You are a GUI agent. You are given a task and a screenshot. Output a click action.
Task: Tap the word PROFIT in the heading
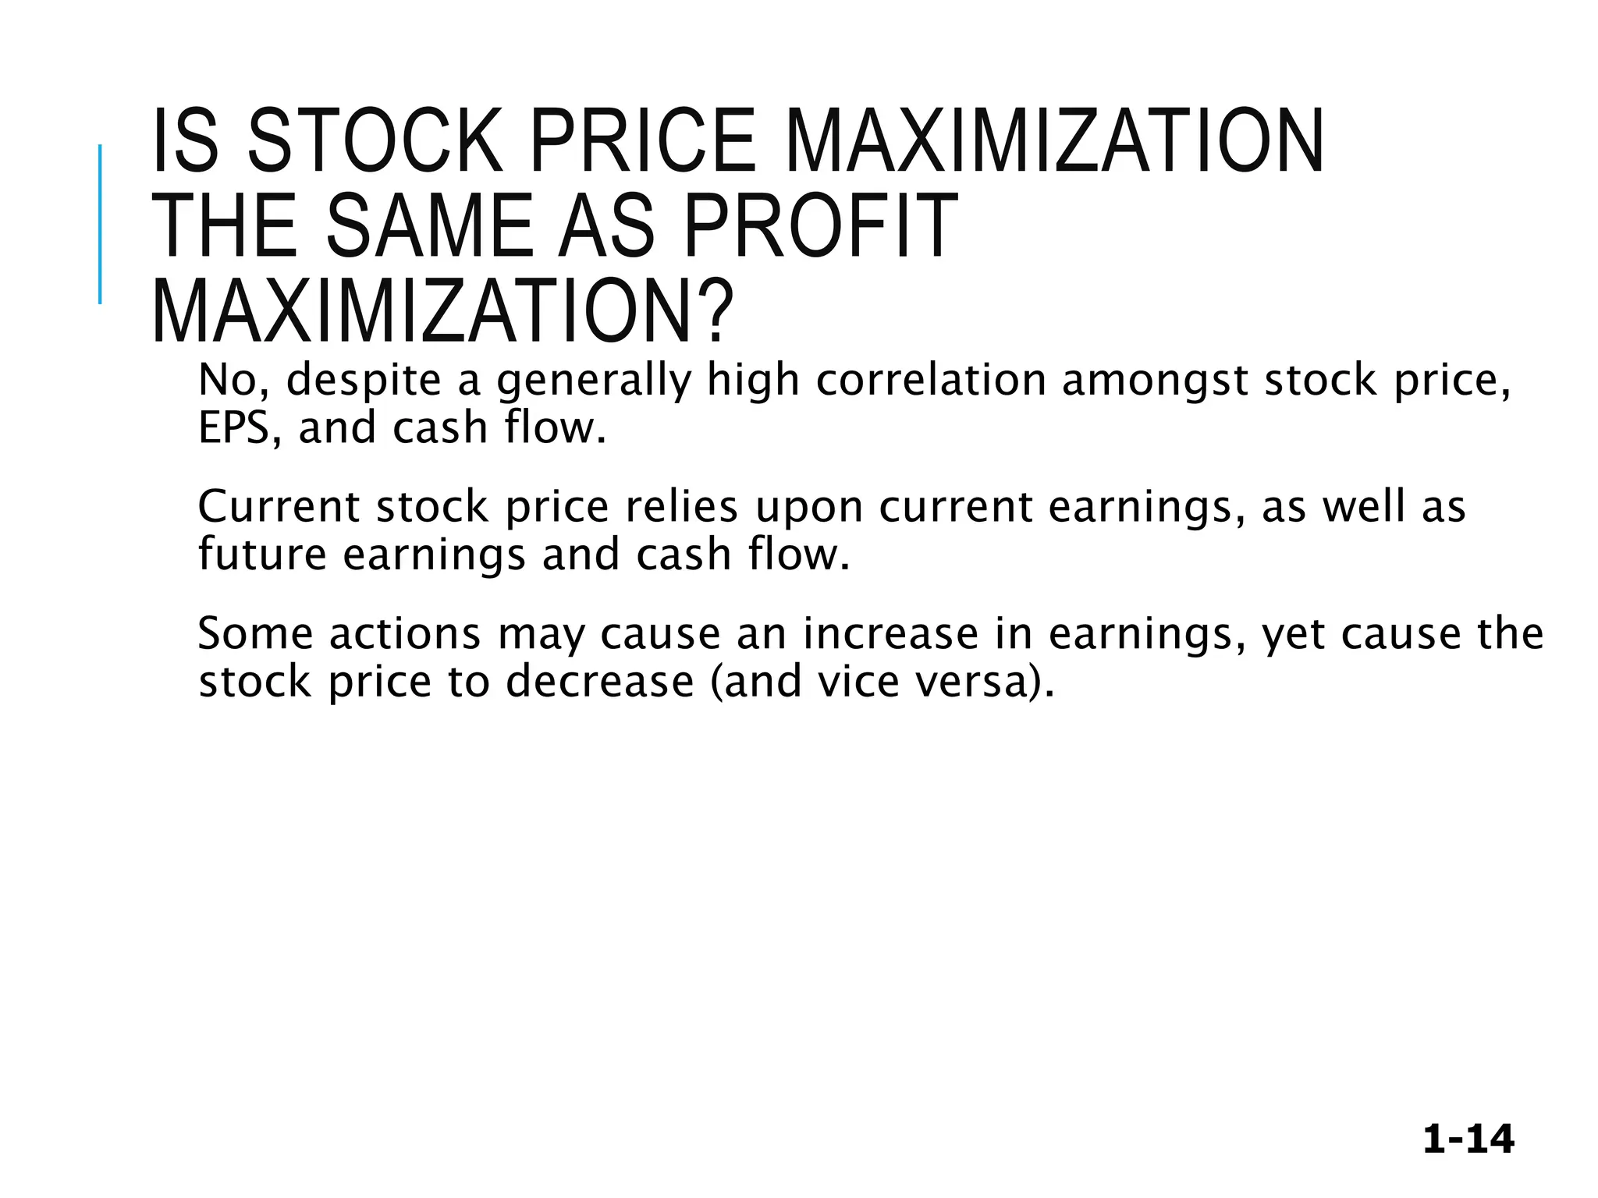pyautogui.click(x=819, y=227)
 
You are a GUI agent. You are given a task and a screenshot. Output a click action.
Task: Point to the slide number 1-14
pyautogui.click(x=1468, y=1140)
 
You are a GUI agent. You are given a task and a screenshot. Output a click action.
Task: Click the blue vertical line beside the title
pyautogui.click(x=100, y=224)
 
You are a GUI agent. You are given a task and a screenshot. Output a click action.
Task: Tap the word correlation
pyautogui.click(x=931, y=381)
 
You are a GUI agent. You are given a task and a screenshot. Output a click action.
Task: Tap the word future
pyautogui.click(x=262, y=555)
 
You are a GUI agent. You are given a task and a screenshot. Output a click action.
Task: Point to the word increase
pyautogui.click(x=890, y=633)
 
